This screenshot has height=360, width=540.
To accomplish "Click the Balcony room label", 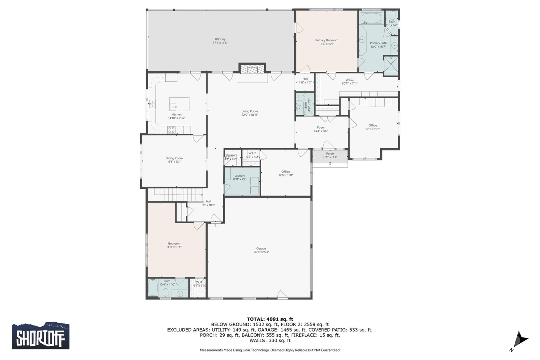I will (220, 39).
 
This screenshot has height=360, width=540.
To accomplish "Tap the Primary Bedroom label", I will (327, 40).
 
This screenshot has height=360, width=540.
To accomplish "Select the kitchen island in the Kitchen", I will (179, 104).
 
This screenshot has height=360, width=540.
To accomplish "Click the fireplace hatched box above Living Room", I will (252, 69).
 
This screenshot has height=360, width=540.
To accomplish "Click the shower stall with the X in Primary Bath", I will (391, 66).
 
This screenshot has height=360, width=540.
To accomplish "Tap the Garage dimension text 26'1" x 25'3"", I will (261, 252).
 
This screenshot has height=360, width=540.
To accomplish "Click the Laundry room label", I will (240, 176).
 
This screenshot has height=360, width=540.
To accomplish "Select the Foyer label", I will (321, 128).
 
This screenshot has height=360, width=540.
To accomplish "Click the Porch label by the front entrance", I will (330, 154).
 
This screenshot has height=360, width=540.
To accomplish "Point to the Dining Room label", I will (174, 158).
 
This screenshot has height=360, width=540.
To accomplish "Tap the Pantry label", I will (230, 156).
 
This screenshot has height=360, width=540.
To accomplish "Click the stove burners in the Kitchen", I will (171, 130).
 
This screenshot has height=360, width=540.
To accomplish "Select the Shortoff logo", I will (41, 336).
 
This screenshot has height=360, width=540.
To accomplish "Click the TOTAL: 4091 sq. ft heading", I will (270, 319).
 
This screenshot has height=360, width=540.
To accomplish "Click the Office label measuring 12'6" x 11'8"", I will (285, 172).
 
